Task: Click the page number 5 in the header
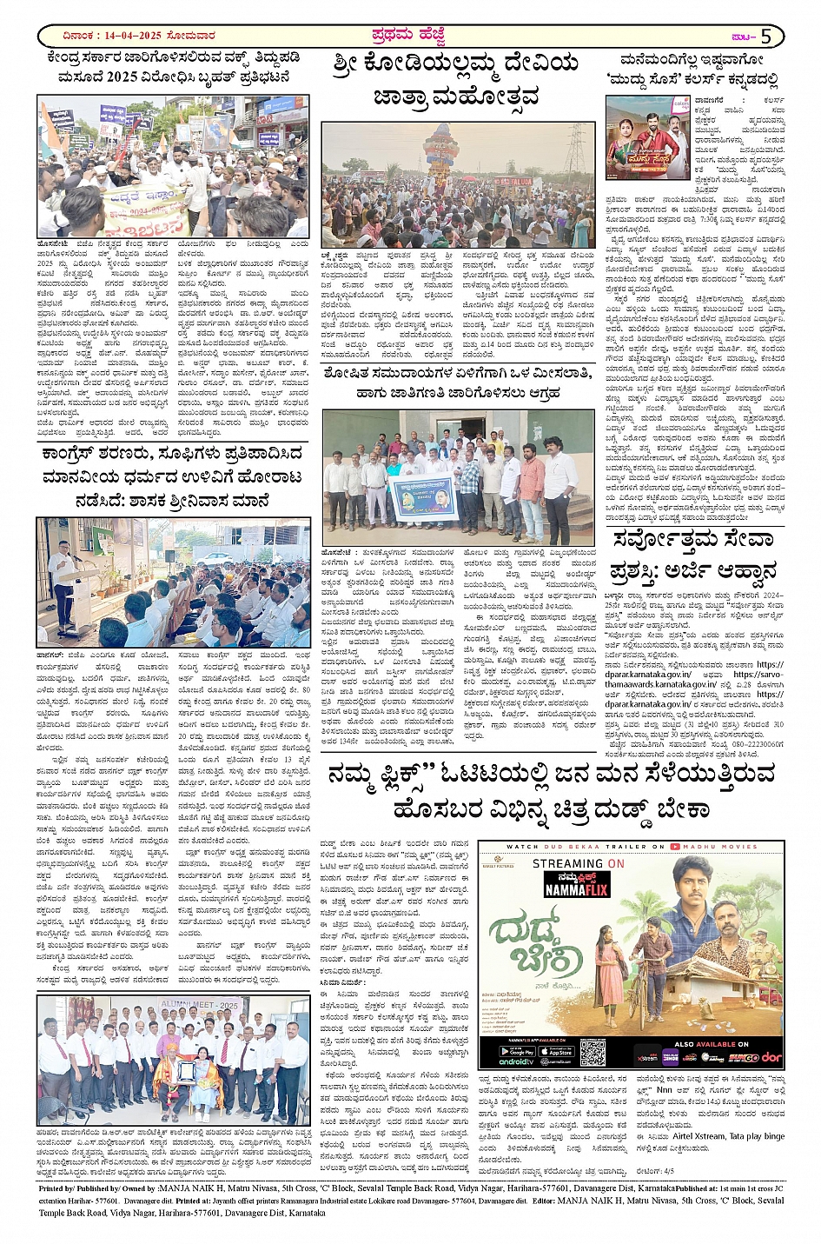[x=766, y=37]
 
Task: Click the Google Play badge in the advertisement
[x=517, y=1051]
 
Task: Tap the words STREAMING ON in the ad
[x=579, y=863]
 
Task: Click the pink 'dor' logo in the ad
[x=771, y=1057]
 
